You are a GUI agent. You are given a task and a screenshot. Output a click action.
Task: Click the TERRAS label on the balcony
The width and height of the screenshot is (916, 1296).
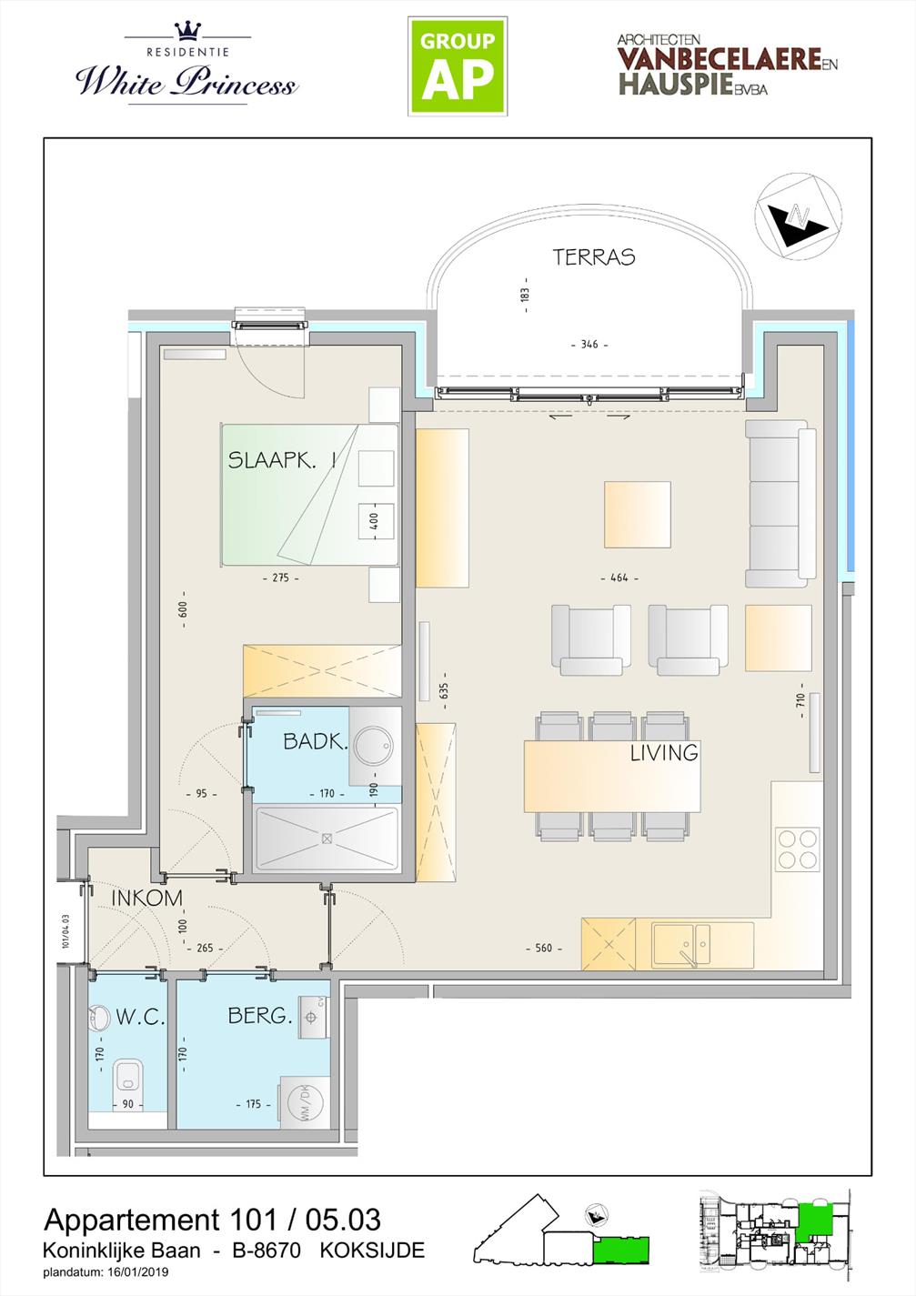[594, 257]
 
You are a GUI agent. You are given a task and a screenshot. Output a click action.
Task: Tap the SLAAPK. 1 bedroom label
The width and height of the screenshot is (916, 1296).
[282, 460]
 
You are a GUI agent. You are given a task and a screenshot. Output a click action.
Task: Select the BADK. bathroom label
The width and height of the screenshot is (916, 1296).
[315, 742]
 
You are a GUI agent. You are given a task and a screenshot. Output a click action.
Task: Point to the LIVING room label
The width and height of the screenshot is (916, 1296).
[664, 753]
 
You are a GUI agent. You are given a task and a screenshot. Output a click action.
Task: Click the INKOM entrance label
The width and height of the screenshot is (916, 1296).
[147, 898]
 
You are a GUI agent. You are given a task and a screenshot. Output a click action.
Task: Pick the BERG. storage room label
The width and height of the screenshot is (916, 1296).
[260, 1015]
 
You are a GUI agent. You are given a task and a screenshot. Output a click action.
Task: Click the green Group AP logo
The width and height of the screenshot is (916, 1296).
[458, 66]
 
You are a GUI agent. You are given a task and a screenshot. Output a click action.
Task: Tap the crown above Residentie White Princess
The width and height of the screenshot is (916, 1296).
[188, 31]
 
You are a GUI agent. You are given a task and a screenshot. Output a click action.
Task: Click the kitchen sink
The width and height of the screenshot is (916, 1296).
[681, 945]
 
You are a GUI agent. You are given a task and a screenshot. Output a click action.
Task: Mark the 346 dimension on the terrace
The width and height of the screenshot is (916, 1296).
[589, 345]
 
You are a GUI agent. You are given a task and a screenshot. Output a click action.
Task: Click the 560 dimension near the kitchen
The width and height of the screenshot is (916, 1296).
[544, 948]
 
